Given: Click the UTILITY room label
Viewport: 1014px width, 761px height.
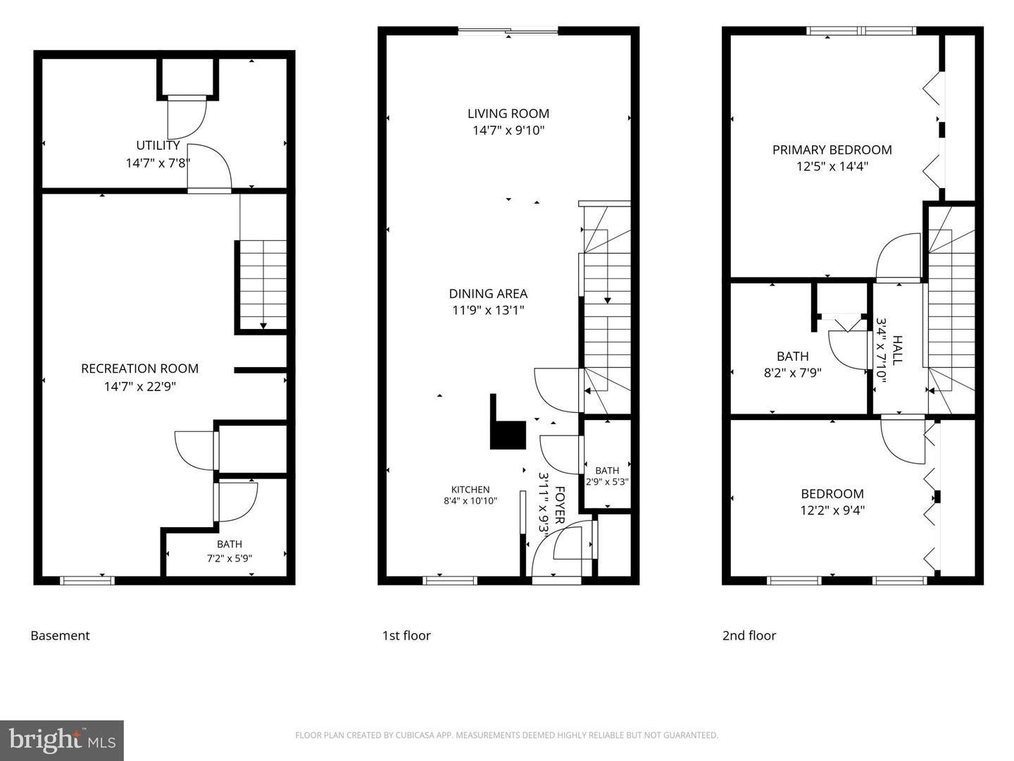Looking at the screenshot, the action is pos(158,146).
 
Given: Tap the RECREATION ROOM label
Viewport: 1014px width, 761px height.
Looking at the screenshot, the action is pos(140,369).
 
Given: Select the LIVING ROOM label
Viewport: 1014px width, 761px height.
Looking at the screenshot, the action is pos(508,113).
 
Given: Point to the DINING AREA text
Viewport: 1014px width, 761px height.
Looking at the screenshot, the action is pos(488,293).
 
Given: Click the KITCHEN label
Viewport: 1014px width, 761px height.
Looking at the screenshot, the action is pos(470,489).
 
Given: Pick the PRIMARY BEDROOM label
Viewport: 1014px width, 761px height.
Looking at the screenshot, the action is pos(832,149).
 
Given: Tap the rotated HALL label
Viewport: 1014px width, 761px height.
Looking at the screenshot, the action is pos(896,349).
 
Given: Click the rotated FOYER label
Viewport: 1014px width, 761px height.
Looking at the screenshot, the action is pos(560,505).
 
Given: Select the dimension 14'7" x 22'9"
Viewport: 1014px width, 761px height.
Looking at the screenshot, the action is pos(140,386).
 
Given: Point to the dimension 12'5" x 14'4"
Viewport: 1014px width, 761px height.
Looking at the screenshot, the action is pos(832,166).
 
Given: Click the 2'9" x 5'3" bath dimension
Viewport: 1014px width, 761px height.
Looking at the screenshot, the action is pos(607,482).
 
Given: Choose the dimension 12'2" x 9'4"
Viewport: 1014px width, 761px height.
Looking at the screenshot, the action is pos(832,511).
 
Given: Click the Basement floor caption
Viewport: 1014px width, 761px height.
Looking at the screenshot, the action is pos(60,636).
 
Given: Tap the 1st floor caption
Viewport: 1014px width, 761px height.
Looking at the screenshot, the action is pos(406,636).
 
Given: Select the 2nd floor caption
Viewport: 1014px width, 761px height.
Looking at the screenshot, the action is pos(749,636).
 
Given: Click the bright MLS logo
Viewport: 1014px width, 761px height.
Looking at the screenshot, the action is pos(62,741).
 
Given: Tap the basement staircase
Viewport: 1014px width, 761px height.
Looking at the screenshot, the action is pos(263,285).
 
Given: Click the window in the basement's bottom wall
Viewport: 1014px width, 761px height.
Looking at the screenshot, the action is pos(87,581).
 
